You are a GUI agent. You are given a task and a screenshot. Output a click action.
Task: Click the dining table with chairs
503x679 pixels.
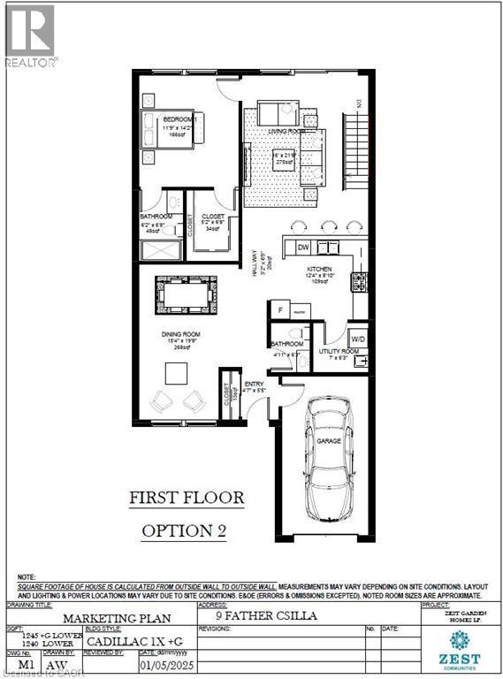[x=185, y=294]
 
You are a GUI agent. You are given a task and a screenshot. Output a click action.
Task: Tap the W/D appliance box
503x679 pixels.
[x=358, y=337]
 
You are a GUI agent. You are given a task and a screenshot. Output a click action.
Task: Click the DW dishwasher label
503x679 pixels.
[x=303, y=248]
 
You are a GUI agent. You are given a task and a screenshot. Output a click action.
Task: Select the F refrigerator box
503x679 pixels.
[x=281, y=311]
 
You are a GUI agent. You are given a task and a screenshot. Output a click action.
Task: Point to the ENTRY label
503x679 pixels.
[x=255, y=384]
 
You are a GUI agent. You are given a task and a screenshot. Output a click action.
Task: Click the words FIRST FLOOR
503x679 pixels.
[x=187, y=498]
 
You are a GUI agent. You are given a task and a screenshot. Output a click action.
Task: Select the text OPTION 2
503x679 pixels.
[x=187, y=530]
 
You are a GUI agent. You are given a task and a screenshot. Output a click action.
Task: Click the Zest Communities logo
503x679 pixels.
[x=458, y=644]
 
